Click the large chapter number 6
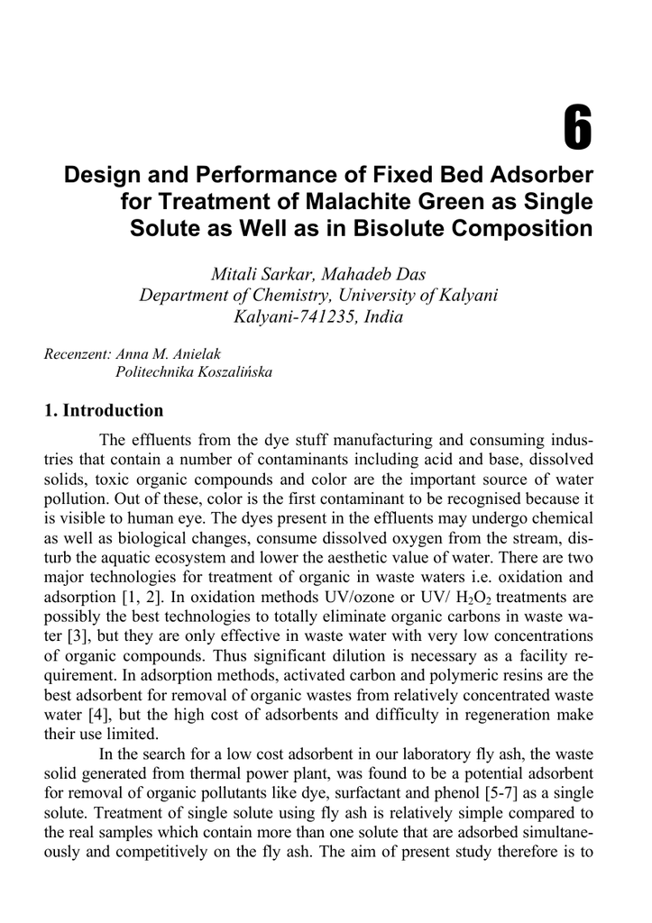click(578, 128)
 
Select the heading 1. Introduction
click(104, 411)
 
